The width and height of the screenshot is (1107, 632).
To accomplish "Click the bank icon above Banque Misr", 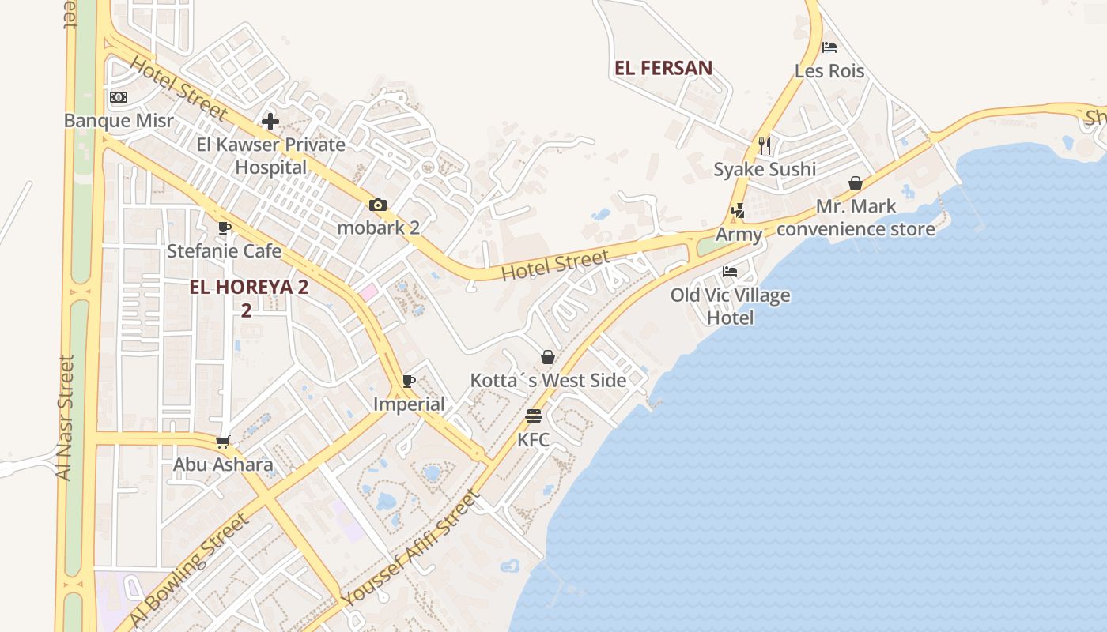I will pos(119,97).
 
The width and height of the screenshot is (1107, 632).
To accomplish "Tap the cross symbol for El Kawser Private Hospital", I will pos(270,122).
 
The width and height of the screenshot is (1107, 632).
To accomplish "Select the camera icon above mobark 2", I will pos(378,205).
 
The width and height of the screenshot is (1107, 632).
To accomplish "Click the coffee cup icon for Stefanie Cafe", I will pos(225,228).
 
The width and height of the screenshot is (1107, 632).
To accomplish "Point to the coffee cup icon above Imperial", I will pos(409,382).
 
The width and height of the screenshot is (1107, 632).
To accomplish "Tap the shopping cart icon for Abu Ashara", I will pos(223,442).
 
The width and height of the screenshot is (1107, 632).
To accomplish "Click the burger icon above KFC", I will pos(534,416).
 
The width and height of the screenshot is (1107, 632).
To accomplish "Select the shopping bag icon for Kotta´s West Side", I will pos(547,357).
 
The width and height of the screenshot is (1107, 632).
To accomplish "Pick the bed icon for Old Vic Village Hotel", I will pos(730,272).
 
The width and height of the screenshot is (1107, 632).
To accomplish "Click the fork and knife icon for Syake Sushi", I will pos(764,146).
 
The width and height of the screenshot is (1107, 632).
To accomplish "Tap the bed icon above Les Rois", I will pos(829,47).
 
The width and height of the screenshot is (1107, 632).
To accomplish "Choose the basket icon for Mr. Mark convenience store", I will pos(856,183).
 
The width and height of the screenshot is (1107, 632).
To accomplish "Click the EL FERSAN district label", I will pos(663,68).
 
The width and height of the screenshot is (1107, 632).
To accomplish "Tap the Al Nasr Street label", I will pos(65,417).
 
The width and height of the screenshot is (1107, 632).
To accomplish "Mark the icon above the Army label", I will pos(738,211).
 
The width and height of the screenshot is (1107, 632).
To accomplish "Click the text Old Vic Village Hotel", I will pos(730,307).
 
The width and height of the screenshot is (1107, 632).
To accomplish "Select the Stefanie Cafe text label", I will pos(224,251).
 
